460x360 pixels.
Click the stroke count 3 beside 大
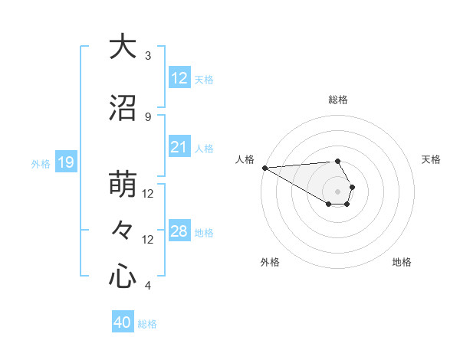pos(148,55)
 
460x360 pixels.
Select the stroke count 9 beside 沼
pos(148,116)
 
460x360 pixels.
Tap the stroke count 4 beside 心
pos(148,286)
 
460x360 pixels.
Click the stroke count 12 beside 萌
pos(148,194)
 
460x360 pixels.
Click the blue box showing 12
pos(179,78)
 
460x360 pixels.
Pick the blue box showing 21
pos(179,147)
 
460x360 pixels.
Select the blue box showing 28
pos(179,231)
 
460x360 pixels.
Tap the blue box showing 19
pos(65,162)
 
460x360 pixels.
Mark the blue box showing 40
pos(122,322)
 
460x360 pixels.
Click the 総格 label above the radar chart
pos(338,100)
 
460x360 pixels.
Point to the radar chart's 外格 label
pos(270,262)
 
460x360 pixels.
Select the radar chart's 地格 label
pos(402,262)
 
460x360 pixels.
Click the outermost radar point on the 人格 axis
pos(264,168)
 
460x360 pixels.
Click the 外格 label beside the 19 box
pos(40,163)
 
